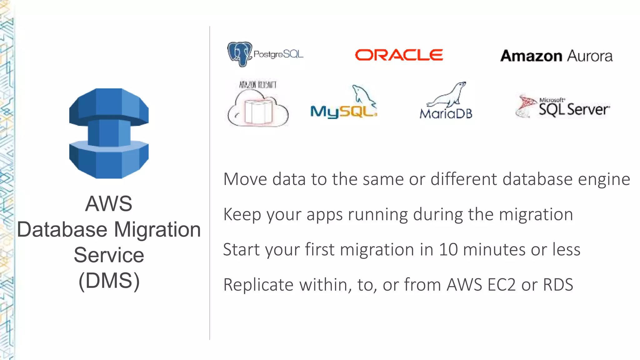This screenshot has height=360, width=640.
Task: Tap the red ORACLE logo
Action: click(x=399, y=55)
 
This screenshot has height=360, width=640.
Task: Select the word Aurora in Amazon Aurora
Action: click(x=590, y=56)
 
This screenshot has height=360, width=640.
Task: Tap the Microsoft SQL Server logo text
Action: click(x=574, y=109)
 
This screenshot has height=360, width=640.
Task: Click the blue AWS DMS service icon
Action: click(x=109, y=133)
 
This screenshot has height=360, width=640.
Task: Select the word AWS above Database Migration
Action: click(x=108, y=203)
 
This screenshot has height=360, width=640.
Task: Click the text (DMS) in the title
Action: click(x=109, y=281)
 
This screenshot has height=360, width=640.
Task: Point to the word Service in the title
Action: click(x=109, y=255)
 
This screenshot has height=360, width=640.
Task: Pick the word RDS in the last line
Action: click(x=558, y=285)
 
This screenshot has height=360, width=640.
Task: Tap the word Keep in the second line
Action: click(x=242, y=215)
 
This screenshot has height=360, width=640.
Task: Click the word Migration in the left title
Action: click(x=157, y=230)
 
